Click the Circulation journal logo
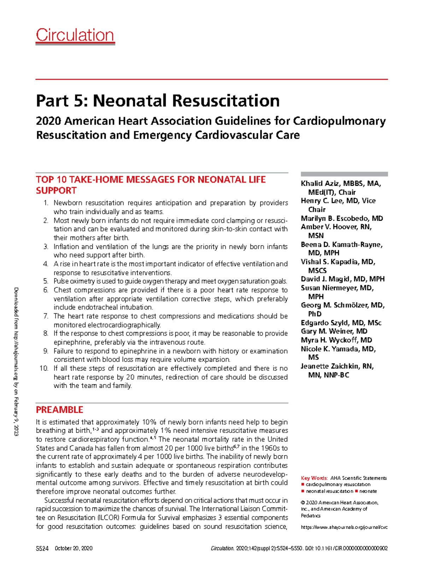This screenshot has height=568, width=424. point(75,35)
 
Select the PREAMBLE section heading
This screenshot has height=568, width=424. point(59,410)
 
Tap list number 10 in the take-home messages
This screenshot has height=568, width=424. point(44,369)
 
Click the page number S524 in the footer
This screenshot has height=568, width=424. point(42,549)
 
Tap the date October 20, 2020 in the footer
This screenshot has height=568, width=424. point(73,549)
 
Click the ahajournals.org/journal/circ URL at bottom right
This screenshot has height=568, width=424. point(344,527)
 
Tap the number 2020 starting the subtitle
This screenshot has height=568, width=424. point(48,121)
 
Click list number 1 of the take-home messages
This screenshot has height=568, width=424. point(46,203)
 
